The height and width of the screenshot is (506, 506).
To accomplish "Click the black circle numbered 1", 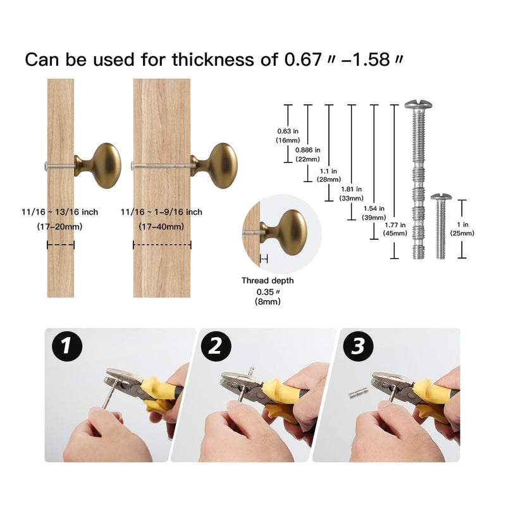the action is [x=67, y=346].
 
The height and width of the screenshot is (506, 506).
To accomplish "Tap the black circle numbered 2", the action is [x=216, y=346].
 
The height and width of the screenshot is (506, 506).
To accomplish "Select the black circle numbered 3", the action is [x=358, y=346].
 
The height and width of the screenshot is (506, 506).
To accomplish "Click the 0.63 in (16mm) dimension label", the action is [x=288, y=135].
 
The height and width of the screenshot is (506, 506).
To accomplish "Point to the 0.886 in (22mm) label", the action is [x=308, y=154].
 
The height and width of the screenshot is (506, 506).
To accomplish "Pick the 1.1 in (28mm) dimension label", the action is [x=328, y=175].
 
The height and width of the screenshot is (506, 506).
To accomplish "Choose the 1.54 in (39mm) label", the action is [x=374, y=213].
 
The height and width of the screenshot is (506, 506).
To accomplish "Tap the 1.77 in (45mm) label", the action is [x=395, y=229].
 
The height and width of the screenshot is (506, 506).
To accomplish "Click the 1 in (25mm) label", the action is [x=462, y=229].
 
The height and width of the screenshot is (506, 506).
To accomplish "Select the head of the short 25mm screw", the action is [x=441, y=196].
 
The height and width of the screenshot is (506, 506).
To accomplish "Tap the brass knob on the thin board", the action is [x=98, y=166].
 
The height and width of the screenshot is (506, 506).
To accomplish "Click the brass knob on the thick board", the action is [x=214, y=166].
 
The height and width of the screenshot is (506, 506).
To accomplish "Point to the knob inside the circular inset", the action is [x=283, y=232].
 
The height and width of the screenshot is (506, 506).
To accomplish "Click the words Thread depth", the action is [x=268, y=280].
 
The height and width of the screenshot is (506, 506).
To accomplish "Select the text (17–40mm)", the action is [x=161, y=226].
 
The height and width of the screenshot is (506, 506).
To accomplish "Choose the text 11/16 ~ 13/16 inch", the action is [x=59, y=212].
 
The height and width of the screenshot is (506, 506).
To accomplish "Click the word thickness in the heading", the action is [x=213, y=59].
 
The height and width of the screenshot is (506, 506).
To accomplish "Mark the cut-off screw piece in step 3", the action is [x=359, y=392].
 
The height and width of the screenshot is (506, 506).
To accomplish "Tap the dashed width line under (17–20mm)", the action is [x=61, y=245].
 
